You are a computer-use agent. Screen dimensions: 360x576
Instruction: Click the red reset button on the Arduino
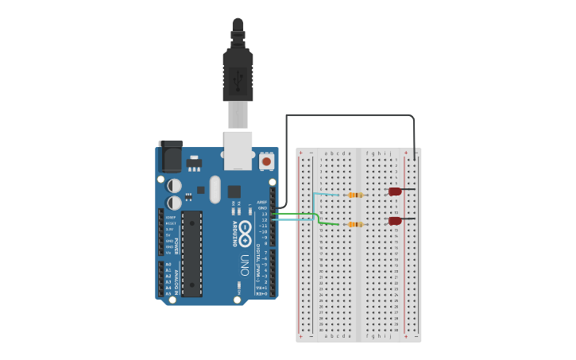pos(266,161)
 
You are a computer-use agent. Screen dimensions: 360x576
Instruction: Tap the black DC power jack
pos(170,156)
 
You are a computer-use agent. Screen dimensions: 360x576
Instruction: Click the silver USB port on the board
pos(238,150)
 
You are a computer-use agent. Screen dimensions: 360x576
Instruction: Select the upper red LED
pos(395,192)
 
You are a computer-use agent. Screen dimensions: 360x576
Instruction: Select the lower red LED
pos(395,221)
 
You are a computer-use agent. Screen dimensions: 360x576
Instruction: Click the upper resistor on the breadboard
pos(355,195)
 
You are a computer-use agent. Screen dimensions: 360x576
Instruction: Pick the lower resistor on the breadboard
pos(355,224)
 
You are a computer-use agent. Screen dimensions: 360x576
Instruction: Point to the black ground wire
pos(350,115)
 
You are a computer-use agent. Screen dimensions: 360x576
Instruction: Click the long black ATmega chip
pos(191,254)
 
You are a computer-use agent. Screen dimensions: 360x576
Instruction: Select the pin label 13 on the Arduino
pos(265,214)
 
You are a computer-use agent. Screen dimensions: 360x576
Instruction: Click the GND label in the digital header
pos(263,208)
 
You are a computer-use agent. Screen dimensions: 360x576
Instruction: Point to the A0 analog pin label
pos(168,264)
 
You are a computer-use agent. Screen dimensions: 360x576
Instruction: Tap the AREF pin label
pos(262,203)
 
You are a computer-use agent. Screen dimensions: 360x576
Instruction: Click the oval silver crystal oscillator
pos(215,190)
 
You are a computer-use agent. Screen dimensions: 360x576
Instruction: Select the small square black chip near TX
pos(234,192)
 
